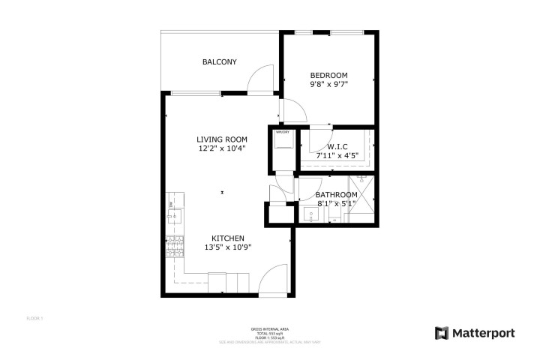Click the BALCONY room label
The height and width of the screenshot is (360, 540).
coord(220,61)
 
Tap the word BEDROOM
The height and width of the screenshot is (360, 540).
coord(328,75)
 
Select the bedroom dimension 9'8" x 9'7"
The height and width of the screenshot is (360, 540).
coord(328,85)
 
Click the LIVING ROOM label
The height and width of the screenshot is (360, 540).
coord(221,139)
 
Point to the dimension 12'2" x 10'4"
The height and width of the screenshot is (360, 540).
coord(221,148)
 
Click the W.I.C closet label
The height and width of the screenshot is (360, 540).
coord(337,146)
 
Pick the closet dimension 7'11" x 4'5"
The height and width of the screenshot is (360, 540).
coord(337,156)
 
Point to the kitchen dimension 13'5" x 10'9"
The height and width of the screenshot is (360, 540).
coord(227,247)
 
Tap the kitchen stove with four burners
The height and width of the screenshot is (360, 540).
coord(174,244)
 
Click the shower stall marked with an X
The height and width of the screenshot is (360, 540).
coord(361,199)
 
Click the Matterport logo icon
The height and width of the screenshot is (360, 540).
coord(442,331)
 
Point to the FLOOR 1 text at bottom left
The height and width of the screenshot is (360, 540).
coord(34,319)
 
